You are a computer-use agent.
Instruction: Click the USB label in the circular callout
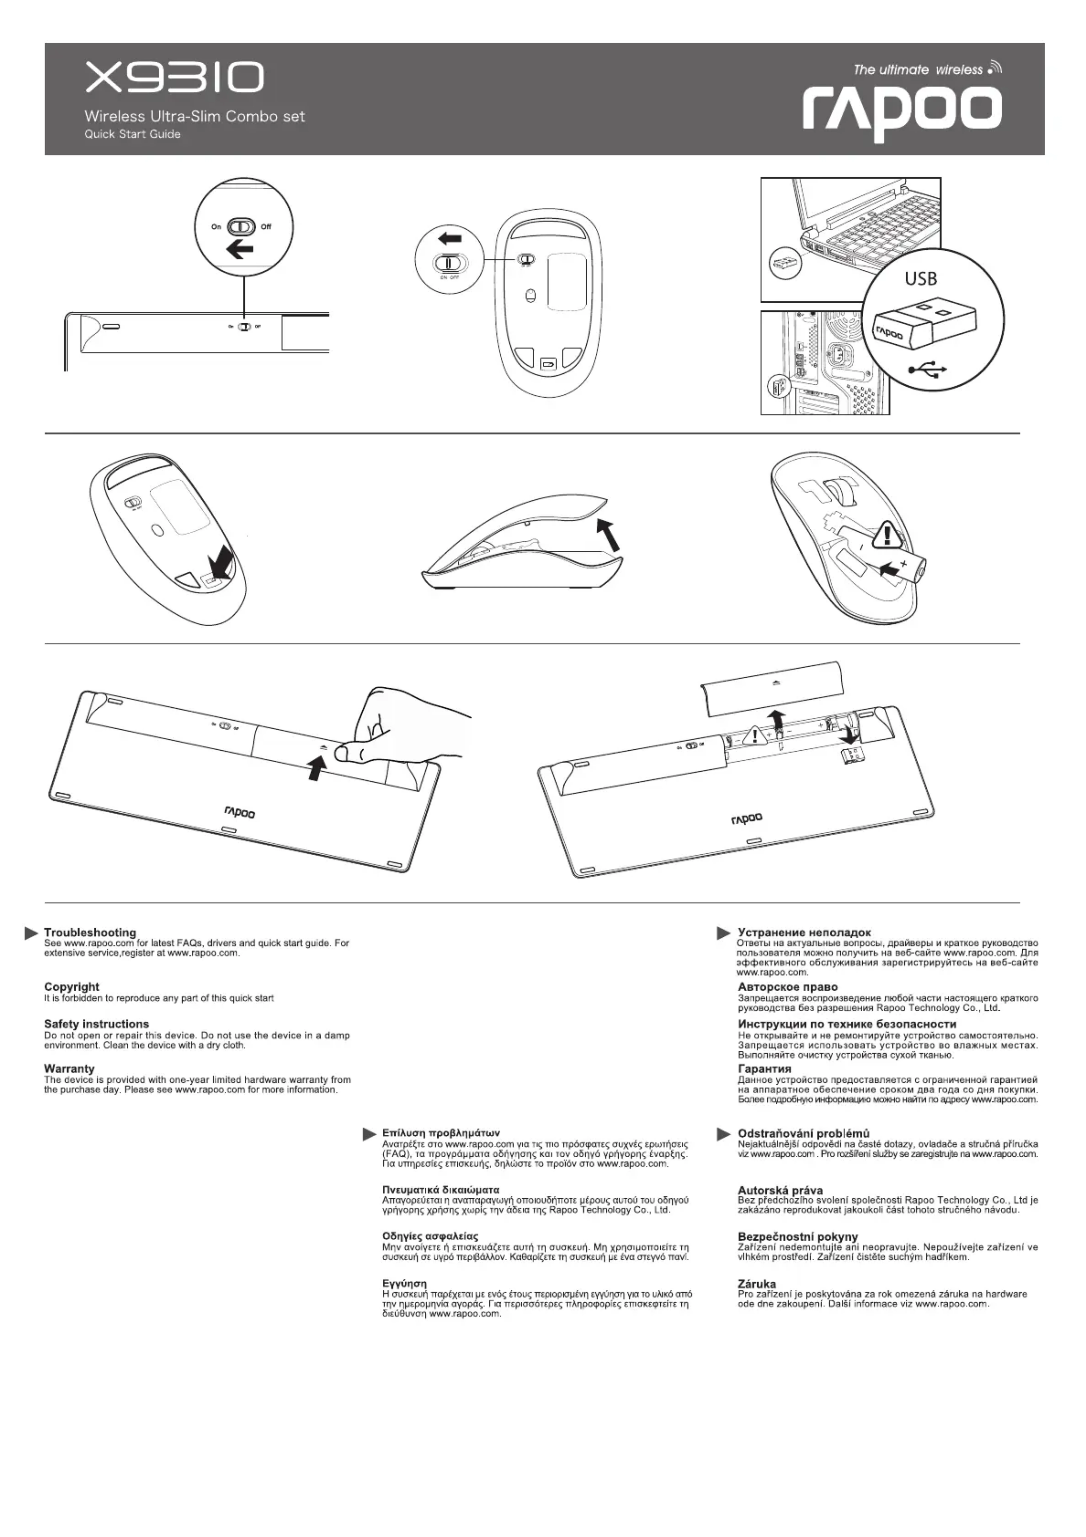921,279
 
